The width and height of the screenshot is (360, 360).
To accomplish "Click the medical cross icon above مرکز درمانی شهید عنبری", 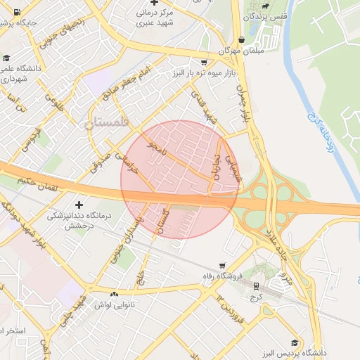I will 154,3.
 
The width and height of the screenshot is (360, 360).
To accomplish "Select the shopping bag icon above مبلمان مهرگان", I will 243,41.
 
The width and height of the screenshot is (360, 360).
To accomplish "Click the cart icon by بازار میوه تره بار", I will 203,61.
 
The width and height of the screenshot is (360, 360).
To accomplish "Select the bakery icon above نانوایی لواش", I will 113,293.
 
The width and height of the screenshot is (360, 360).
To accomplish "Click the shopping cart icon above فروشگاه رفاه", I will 222,266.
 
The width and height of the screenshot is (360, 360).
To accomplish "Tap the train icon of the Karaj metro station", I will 255,286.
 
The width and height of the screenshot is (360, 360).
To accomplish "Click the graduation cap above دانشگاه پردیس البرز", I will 294,342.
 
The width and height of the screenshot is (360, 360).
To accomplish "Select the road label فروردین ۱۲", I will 224,304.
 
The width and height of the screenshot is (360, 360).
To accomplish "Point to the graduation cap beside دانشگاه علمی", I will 7,59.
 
